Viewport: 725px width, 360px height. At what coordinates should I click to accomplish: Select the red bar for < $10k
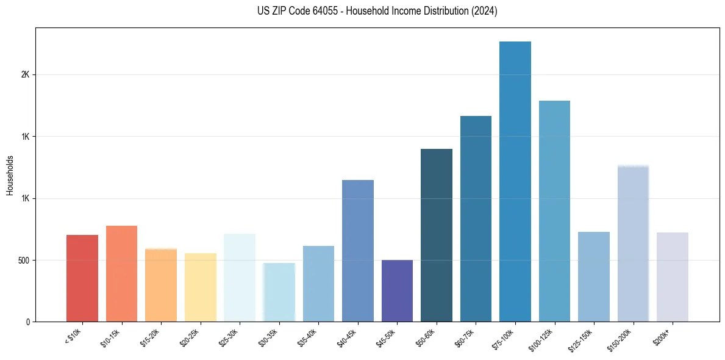[x=82, y=278]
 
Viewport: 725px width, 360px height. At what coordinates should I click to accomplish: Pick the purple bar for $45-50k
[x=397, y=290]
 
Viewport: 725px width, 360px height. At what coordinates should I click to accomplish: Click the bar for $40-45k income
[x=358, y=251]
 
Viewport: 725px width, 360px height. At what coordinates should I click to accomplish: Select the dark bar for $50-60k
[x=437, y=235]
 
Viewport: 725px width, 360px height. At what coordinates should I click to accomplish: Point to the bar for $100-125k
[x=554, y=211]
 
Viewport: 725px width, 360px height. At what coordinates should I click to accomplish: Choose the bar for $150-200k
[x=633, y=243]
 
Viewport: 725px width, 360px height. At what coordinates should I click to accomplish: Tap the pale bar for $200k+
[x=672, y=277]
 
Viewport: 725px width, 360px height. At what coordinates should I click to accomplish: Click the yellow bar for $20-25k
[x=200, y=287]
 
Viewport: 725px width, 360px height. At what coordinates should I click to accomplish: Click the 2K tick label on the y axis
[x=25, y=74]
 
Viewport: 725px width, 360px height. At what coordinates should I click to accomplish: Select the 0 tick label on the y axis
[x=27, y=322]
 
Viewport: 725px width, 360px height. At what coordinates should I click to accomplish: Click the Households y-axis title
[x=10, y=175]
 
